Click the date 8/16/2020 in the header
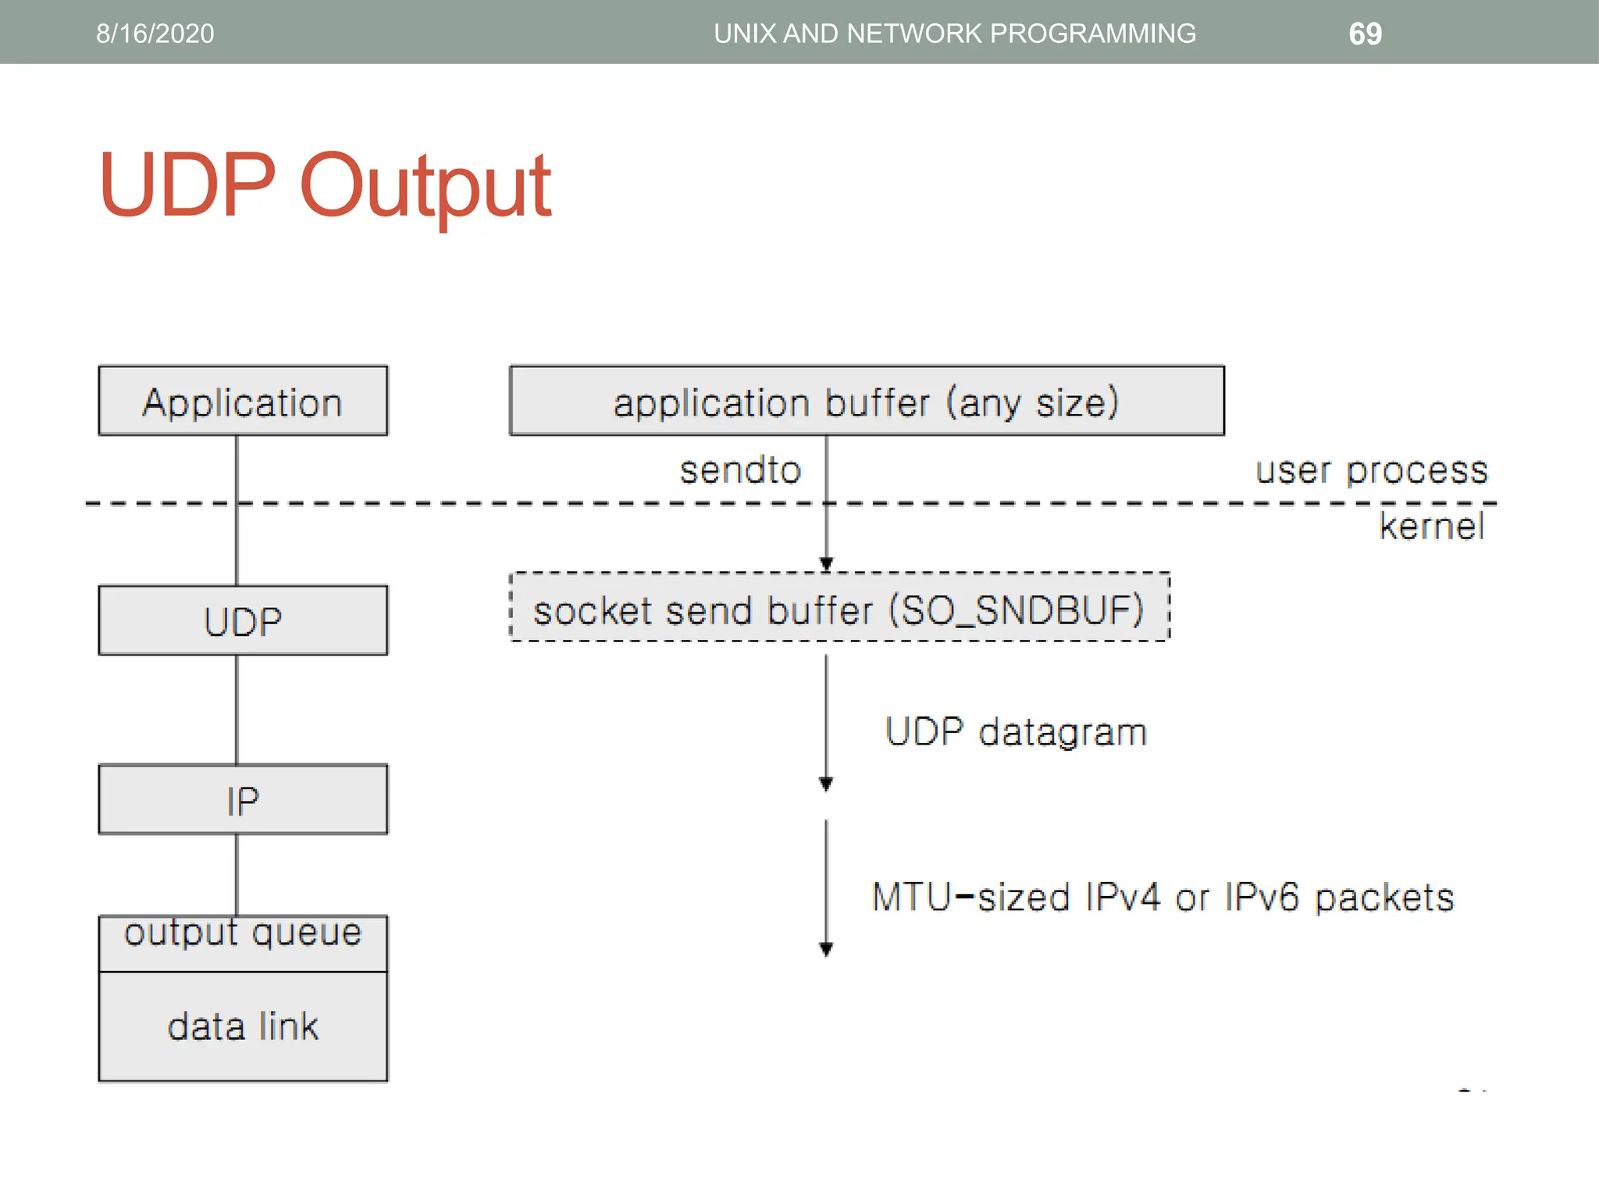(x=155, y=34)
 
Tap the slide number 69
(x=1365, y=34)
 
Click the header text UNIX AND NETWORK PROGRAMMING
(x=954, y=34)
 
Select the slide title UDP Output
(x=324, y=186)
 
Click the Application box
(x=243, y=402)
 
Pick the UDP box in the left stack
(x=243, y=621)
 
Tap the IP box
(x=243, y=800)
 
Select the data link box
(x=243, y=1026)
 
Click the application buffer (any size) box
(x=867, y=402)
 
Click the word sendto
(x=740, y=470)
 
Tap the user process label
(x=1371, y=470)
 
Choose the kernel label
(x=1431, y=526)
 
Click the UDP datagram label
(x=1015, y=732)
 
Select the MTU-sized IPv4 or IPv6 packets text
(x=1162, y=897)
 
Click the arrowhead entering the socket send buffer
(x=826, y=563)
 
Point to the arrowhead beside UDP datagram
(x=826, y=784)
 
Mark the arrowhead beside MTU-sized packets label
(x=826, y=948)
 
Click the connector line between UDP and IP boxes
(x=237, y=709)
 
